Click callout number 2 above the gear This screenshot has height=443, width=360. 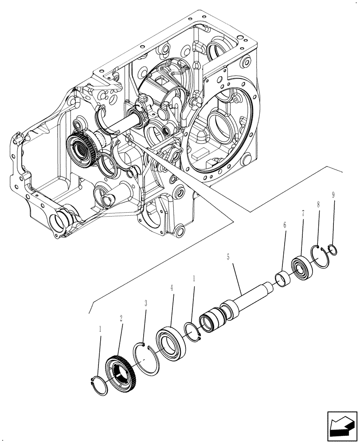coord(121,318)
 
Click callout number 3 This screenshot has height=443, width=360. coord(145,303)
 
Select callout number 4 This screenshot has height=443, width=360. coord(172,288)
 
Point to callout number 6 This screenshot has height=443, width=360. coord(285,225)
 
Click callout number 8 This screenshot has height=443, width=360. coord(319,205)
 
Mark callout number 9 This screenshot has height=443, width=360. coord(333,194)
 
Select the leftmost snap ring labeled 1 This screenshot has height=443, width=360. coord(99,385)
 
